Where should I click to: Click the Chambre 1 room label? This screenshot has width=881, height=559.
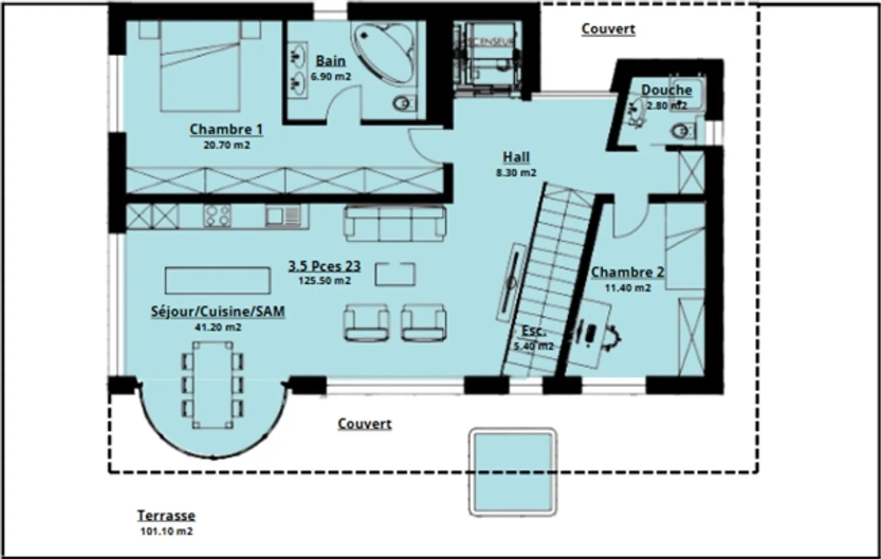226,129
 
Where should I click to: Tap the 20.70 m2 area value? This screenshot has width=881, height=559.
226,146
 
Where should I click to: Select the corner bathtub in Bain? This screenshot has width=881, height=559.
385,51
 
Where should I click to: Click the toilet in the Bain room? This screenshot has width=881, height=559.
403,105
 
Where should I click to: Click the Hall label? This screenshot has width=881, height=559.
516,157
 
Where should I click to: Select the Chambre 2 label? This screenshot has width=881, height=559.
627,272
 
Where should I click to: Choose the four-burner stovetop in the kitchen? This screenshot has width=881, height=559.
217,216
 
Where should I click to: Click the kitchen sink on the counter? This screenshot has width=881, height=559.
283,216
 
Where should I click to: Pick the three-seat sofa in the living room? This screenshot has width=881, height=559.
395,223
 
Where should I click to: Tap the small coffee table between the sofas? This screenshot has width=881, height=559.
395,273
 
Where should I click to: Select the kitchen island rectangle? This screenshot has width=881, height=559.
217,281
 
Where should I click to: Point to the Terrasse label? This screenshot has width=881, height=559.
166,516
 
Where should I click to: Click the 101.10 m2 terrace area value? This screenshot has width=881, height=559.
166,531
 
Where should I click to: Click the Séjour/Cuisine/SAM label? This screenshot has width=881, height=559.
218,311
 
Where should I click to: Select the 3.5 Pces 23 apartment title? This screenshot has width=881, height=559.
324,266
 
